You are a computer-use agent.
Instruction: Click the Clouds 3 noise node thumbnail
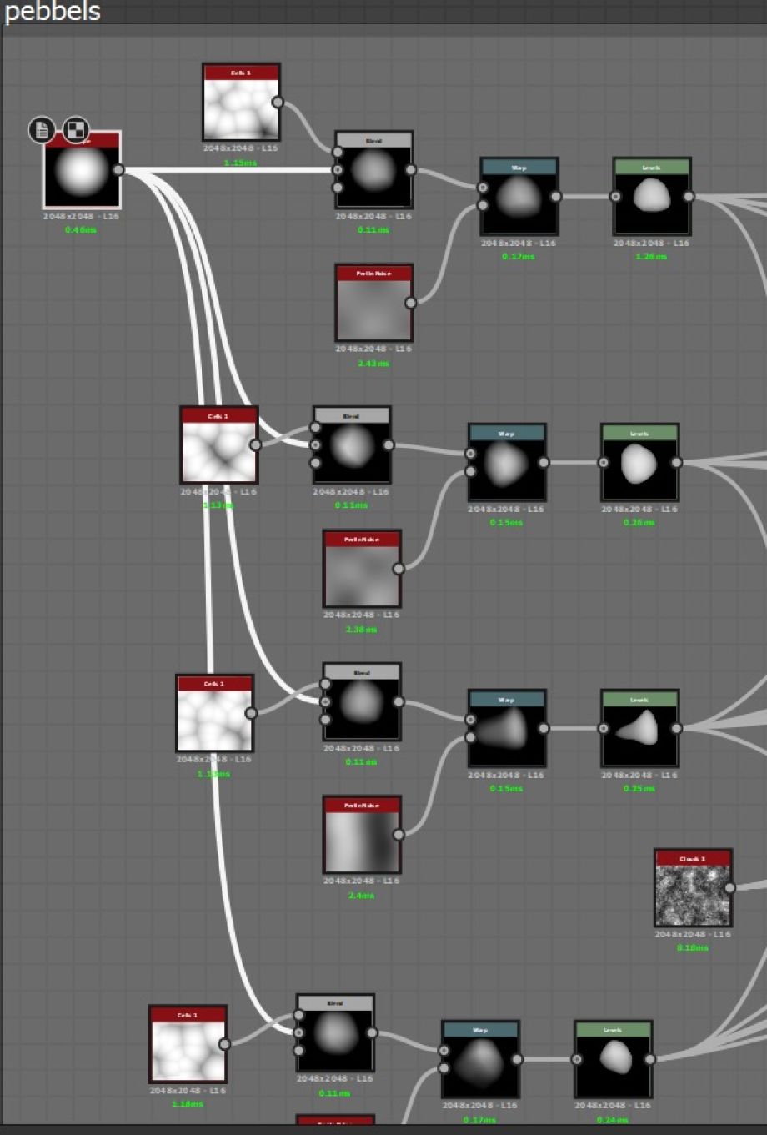point(693,895)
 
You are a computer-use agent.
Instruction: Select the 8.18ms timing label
point(693,948)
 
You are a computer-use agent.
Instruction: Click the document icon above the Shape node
point(42,130)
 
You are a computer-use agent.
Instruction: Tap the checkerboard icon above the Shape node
point(76,130)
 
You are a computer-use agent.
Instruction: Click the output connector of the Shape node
point(118,170)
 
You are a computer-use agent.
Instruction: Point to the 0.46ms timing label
point(81,229)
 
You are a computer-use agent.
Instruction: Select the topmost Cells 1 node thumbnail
point(240,109)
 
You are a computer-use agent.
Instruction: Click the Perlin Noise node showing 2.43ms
point(373,309)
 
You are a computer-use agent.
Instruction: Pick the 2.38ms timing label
point(361,630)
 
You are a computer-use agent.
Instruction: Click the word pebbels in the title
point(52,12)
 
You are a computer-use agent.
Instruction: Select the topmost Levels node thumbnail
point(651,203)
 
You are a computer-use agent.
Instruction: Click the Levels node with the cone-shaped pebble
point(639,735)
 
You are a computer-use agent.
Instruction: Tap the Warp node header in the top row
point(519,168)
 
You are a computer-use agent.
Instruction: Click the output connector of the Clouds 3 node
point(729,888)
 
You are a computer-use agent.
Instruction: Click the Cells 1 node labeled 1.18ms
point(188,1049)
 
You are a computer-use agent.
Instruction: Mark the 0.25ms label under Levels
point(639,788)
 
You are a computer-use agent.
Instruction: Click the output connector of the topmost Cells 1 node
point(278,103)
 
